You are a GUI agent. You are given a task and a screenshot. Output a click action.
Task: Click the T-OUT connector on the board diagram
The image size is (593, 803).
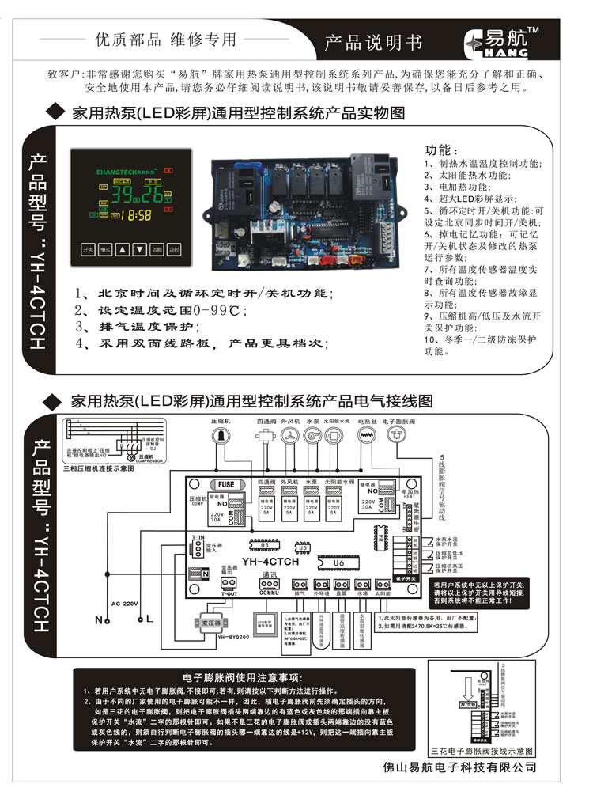[x=229, y=585]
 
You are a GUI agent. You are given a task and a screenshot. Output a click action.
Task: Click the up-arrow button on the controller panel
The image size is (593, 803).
[x=122, y=248]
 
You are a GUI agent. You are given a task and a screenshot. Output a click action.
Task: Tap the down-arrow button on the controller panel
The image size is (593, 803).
[x=139, y=248]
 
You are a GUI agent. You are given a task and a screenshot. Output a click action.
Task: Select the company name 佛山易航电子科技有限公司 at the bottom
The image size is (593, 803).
[x=460, y=767]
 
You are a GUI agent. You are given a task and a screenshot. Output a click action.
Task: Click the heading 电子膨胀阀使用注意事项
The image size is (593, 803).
[x=240, y=678]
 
